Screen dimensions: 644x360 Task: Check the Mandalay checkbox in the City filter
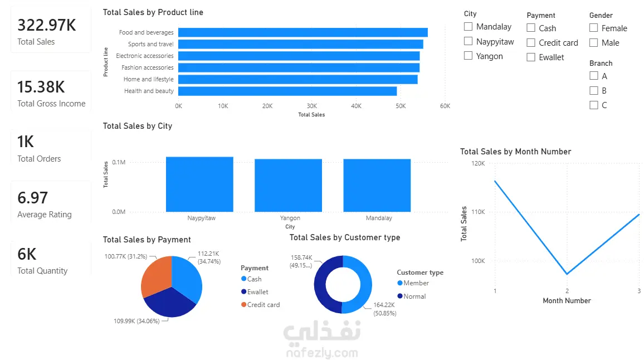click(x=468, y=27)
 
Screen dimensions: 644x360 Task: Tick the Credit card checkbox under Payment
click(x=531, y=43)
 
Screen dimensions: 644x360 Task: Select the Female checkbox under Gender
click(x=593, y=28)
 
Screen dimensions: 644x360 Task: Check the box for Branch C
click(x=593, y=105)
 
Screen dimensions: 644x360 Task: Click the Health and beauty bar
click(x=287, y=91)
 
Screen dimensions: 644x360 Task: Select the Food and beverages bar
click(x=303, y=32)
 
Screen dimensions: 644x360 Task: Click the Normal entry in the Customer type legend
click(x=412, y=296)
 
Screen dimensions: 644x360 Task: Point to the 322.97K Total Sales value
click(x=47, y=25)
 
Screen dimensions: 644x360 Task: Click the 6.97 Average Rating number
click(x=33, y=198)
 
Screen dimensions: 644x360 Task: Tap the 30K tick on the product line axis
click(x=312, y=106)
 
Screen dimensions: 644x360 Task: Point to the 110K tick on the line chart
click(x=478, y=212)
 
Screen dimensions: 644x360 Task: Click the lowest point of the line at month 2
click(x=567, y=274)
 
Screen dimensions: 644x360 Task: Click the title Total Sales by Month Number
click(x=515, y=152)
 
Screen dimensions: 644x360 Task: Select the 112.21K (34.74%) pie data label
click(x=209, y=257)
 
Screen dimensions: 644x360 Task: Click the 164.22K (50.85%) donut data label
click(x=385, y=309)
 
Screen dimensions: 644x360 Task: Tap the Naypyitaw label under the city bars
click(x=201, y=218)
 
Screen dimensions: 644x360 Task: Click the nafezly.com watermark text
click(x=322, y=353)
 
